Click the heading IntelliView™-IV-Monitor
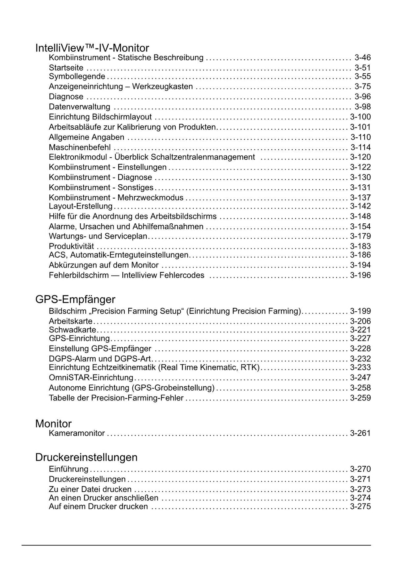pyautogui.click(x=92, y=48)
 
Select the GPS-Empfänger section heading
pyautogui.click(x=75, y=299)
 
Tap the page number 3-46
pyautogui.click(x=363, y=58)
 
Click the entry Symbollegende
pyautogui.click(x=77, y=76)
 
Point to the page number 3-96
pyautogui.click(x=363, y=97)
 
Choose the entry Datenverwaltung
pyautogui.click(x=79, y=107)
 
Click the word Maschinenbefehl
pyautogui.click(x=80, y=147)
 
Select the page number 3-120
pyautogui.click(x=360, y=157)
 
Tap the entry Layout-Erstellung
pyautogui.click(x=80, y=206)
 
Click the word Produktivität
pyautogui.click(x=71, y=246)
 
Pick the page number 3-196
pyautogui.click(x=360, y=275)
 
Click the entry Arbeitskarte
pyautogui.click(x=71, y=321)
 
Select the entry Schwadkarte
pyautogui.click(x=73, y=330)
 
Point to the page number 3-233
pyautogui.click(x=360, y=367)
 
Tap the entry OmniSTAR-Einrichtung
pyautogui.click(x=91, y=378)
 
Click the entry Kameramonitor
pyautogui.click(x=76, y=433)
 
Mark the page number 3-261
pyautogui.click(x=360, y=433)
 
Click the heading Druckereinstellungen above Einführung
pyautogui.click(x=86, y=457)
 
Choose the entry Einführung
pyautogui.click(x=69, y=469)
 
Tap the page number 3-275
pyautogui.click(x=360, y=507)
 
